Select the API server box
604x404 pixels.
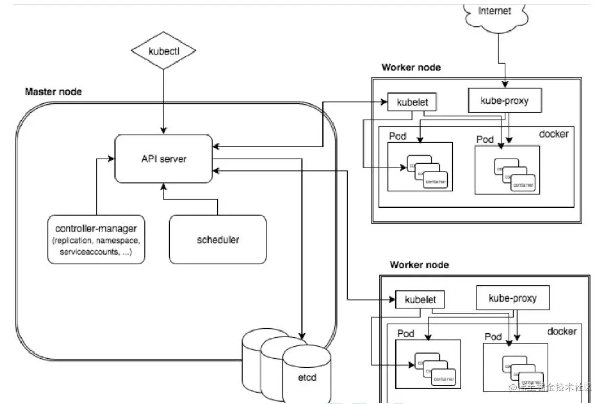pyautogui.click(x=164, y=158)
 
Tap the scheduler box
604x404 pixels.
pyautogui.click(x=217, y=240)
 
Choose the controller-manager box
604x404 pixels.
pyautogui.click(x=96, y=240)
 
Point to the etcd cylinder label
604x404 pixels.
pyautogui.click(x=307, y=377)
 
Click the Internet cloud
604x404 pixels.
pyautogui.click(x=495, y=13)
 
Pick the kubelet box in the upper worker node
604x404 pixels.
pyautogui.click(x=411, y=102)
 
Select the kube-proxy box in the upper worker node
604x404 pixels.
pyautogui.click(x=504, y=100)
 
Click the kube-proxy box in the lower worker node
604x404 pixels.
pyautogui.click(x=512, y=298)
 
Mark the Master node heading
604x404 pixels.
pyautogui.click(x=54, y=92)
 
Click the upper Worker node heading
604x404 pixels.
pyautogui.click(x=411, y=67)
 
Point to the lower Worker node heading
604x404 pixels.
pyautogui.click(x=419, y=265)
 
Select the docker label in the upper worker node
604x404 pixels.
pyautogui.click(x=554, y=134)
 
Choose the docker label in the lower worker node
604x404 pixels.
pyautogui.click(x=561, y=332)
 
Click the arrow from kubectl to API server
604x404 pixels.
pyautogui.click(x=164, y=100)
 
